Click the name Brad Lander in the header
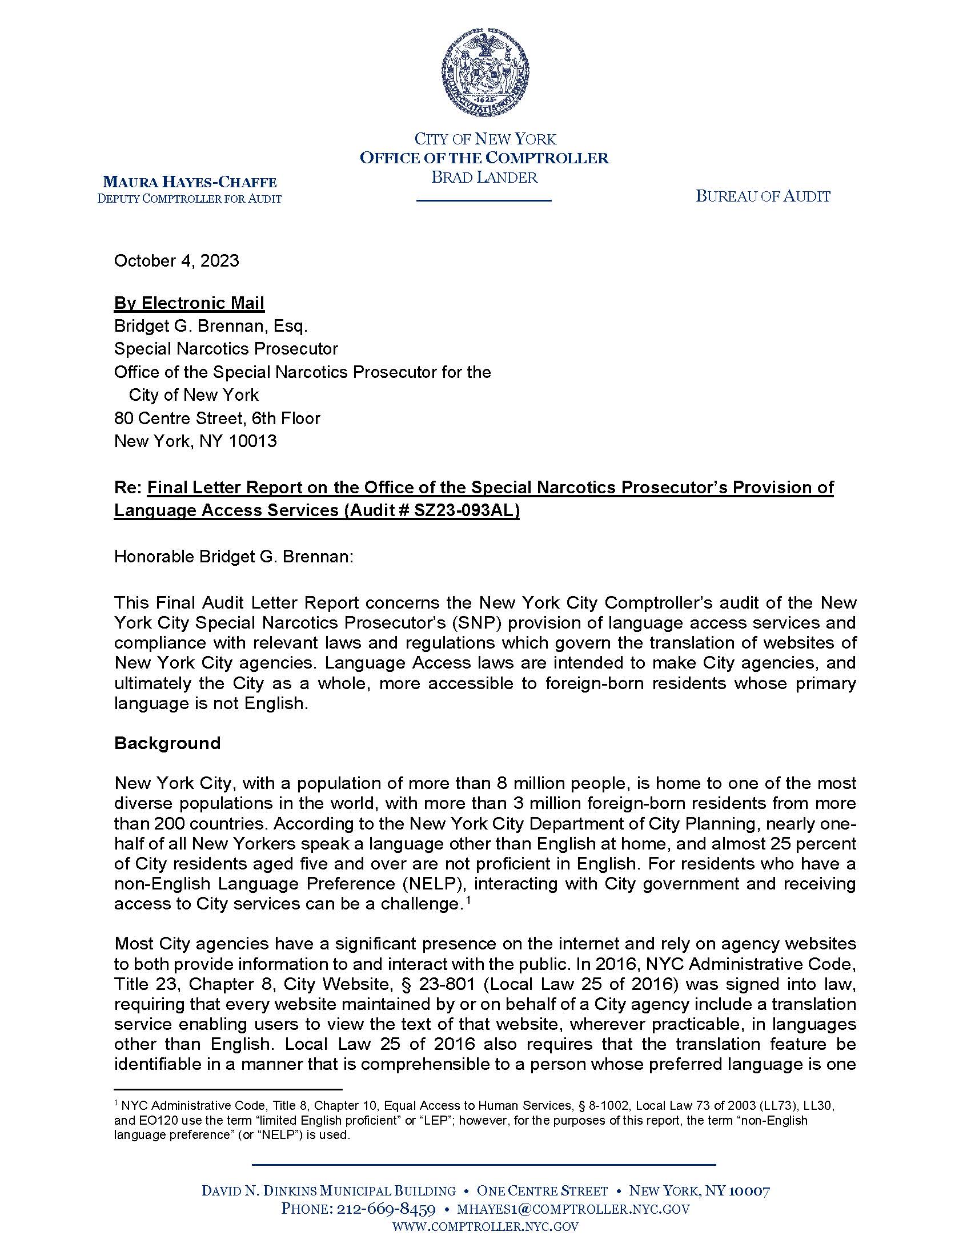click(x=484, y=177)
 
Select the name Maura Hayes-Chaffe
click(x=189, y=183)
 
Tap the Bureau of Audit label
click(x=763, y=197)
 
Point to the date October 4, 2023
click(x=176, y=261)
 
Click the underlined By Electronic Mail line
click(x=189, y=303)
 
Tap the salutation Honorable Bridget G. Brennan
click(x=234, y=557)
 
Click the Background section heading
click(x=167, y=743)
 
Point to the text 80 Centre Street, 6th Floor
click(x=217, y=418)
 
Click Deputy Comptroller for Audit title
click(x=189, y=199)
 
